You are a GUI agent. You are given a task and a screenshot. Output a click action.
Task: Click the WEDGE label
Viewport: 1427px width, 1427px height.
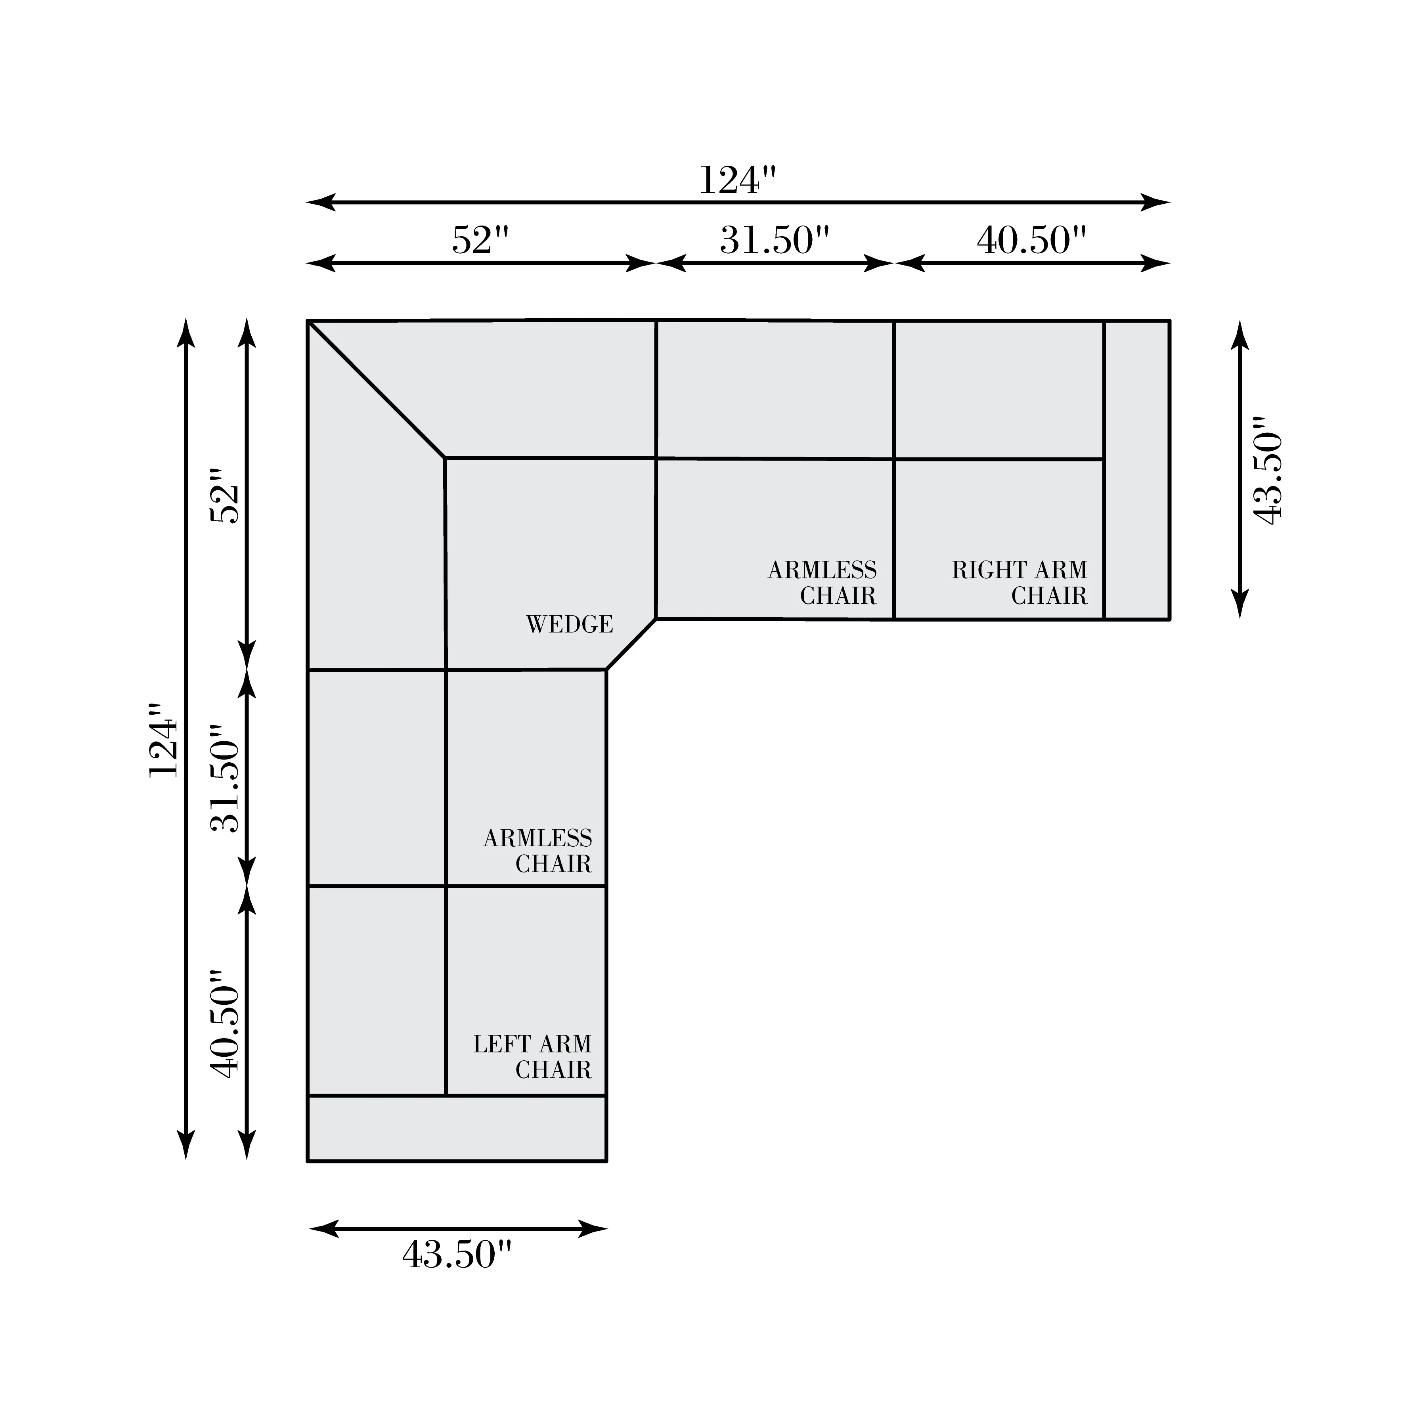pyautogui.click(x=570, y=625)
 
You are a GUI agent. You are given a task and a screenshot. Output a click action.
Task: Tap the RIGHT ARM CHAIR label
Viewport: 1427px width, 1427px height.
pyautogui.click(x=1019, y=583)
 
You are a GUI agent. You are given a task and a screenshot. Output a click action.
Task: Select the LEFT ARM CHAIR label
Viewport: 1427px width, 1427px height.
pyautogui.click(x=532, y=1057)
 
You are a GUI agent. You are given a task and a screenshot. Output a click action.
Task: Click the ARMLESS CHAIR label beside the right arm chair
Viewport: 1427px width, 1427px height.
pyautogui.click(x=822, y=583)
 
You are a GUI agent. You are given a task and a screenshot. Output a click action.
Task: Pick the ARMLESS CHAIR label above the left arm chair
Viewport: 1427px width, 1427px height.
pyautogui.click(x=538, y=851)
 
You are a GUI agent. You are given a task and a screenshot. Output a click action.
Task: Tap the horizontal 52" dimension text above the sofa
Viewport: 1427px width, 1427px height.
pyautogui.click(x=481, y=240)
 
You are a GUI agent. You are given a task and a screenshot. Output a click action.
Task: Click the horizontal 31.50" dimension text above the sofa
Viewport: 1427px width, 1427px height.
pyautogui.click(x=775, y=240)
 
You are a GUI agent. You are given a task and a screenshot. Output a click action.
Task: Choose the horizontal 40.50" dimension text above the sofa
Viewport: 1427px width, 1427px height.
pyautogui.click(x=1032, y=240)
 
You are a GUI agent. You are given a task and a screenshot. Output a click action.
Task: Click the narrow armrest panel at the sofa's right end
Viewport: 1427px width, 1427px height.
pyautogui.click(x=1137, y=470)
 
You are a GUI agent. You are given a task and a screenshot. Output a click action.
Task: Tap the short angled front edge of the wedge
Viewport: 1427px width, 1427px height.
pyautogui.click(x=631, y=644)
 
